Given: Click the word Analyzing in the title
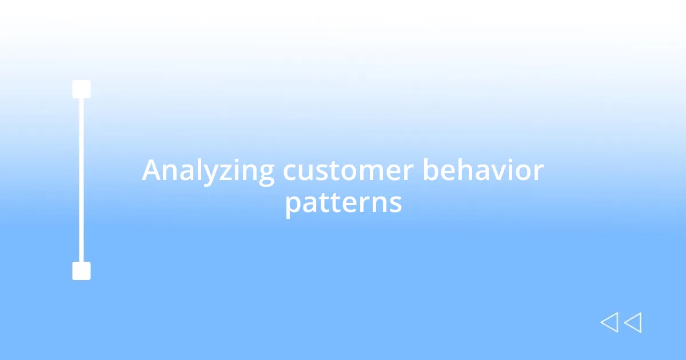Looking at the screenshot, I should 208,171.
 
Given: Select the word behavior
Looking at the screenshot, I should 483,171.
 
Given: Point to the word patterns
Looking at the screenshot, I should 343,202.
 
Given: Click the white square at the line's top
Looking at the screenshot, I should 81,89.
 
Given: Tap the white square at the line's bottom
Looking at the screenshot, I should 81,271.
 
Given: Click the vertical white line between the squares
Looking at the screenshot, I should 81,180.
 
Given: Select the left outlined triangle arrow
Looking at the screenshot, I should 609,323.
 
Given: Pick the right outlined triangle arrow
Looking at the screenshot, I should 632,323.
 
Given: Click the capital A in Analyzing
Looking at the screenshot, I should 151,171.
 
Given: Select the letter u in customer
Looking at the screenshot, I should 306,172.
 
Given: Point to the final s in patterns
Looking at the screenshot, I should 396,203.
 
